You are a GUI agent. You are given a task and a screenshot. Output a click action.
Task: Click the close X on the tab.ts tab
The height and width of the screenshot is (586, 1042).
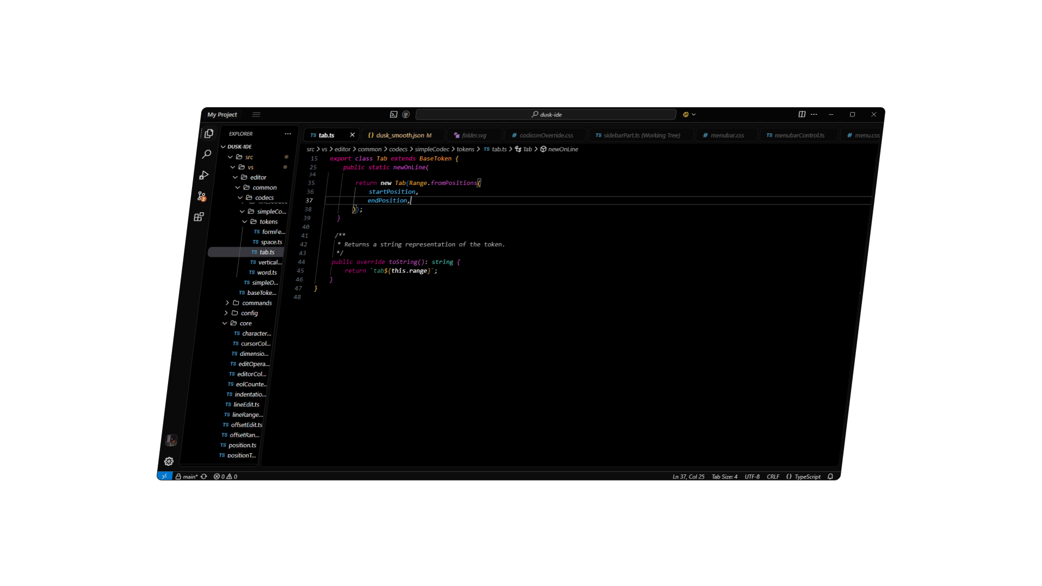coord(352,135)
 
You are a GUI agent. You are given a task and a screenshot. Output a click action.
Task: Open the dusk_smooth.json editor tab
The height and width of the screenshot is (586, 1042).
coord(400,135)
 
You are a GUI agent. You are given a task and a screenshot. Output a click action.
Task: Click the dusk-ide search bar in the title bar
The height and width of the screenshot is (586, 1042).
coord(546,115)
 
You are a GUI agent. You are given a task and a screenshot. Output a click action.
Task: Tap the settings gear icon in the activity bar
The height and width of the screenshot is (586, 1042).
coord(169,461)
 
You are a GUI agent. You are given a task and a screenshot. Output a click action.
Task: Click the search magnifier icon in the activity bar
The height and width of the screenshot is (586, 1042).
coord(207,155)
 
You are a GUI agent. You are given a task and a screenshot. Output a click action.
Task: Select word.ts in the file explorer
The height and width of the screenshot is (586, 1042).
coord(266,273)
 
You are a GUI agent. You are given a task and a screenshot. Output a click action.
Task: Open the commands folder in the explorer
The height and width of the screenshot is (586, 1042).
coord(257,303)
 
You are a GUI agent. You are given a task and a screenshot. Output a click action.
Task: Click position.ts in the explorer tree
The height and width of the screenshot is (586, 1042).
coord(242,445)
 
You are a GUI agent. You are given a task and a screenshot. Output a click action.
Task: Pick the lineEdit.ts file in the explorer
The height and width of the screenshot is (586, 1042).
coord(246,405)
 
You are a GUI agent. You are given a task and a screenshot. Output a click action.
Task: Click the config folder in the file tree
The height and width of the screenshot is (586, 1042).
coord(249,313)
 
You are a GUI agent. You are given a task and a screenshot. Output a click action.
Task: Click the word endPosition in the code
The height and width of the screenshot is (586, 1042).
coord(387,201)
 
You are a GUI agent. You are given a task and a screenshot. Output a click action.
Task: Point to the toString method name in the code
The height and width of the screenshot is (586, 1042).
coord(403,262)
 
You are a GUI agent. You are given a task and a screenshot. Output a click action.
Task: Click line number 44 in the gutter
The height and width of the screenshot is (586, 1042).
coord(301,262)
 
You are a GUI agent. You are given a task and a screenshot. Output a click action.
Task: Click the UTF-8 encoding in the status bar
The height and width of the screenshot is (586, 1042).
coord(752,477)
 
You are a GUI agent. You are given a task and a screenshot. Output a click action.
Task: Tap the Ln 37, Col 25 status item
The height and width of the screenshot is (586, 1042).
coord(688,477)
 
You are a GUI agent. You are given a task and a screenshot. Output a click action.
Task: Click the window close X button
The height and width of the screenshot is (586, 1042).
coord(873,115)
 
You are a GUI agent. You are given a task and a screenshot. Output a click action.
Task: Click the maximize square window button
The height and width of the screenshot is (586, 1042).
coord(852,115)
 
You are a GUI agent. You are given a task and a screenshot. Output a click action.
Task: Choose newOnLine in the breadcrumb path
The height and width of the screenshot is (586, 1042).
coord(563,149)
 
